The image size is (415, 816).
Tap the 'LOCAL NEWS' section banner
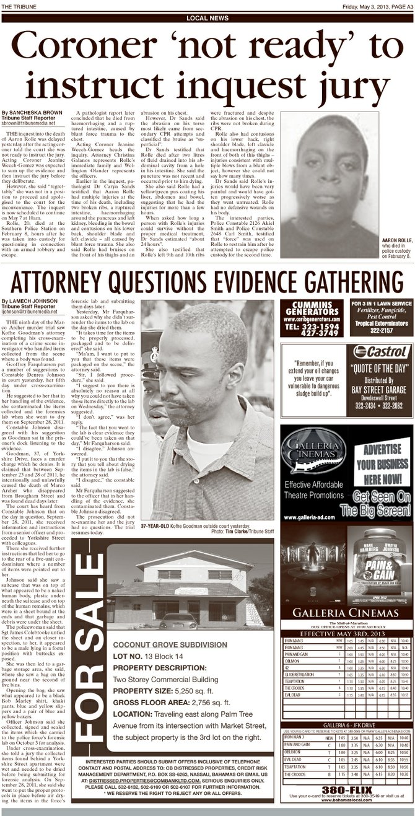(x=207, y=19)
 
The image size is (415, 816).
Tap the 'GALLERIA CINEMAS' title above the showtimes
(x=346, y=613)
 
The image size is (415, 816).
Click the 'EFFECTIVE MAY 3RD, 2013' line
(x=346, y=634)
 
